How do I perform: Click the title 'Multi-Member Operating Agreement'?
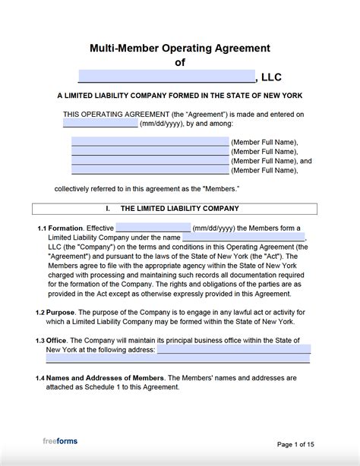tap(180, 49)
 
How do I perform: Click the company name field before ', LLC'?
tap(166, 77)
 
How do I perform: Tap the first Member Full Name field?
tap(150, 142)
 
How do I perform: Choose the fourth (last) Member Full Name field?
tap(150, 171)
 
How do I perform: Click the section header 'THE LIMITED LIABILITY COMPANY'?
tap(180, 208)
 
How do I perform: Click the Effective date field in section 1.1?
tap(153, 228)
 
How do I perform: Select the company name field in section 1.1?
tap(244, 237)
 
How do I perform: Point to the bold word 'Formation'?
tap(66, 228)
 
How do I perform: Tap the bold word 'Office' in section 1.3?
tap(58, 340)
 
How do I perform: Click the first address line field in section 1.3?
tap(233, 349)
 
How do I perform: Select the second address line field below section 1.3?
tap(178, 359)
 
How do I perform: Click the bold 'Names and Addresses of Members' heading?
tap(105, 377)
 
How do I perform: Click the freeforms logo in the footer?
tap(59, 440)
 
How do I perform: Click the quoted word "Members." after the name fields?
tap(216, 188)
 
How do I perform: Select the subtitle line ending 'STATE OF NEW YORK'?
tap(180, 96)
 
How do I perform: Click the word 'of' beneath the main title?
tap(180, 63)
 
